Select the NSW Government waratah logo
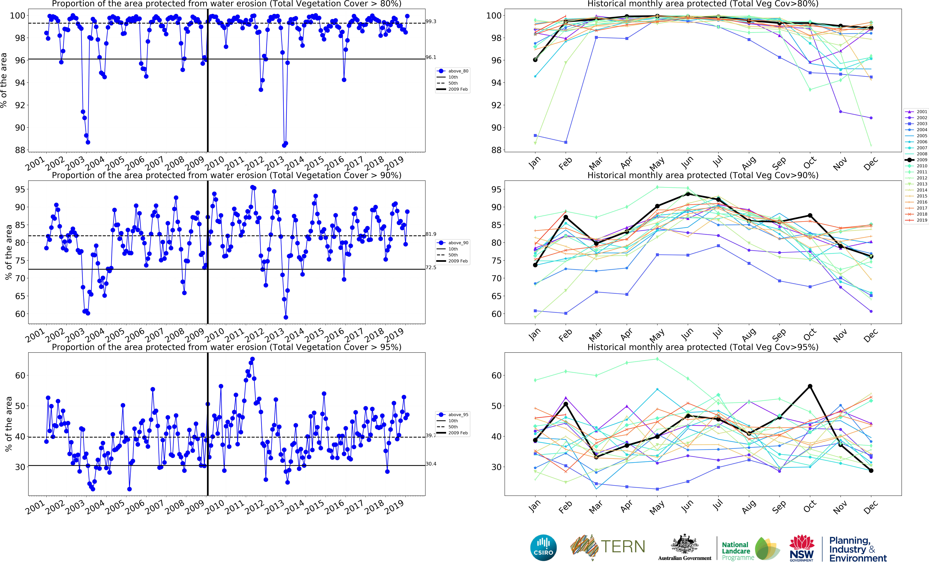(x=801, y=548)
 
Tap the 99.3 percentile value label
(x=431, y=22)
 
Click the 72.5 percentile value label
(x=431, y=267)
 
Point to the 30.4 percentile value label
(x=431, y=464)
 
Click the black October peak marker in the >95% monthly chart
(x=810, y=386)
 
